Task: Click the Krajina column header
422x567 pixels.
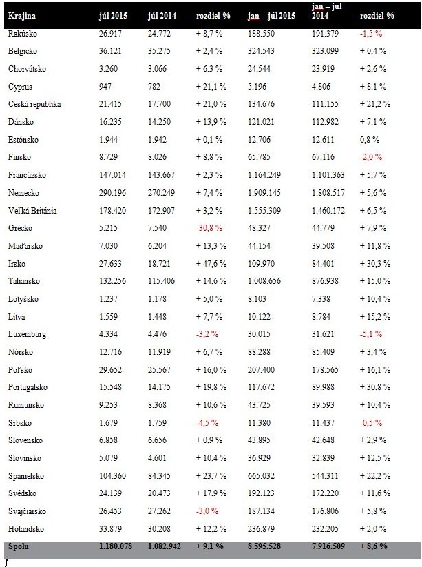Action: tap(21, 16)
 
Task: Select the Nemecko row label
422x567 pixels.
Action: tap(23, 193)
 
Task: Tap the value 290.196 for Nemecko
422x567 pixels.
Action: tap(112, 193)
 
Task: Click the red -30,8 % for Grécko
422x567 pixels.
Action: tap(209, 228)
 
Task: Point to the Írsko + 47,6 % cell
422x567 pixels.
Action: tap(211, 264)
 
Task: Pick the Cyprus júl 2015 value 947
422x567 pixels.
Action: tap(105, 87)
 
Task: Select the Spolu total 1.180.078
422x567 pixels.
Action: tap(116, 546)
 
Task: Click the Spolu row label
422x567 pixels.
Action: tap(18, 546)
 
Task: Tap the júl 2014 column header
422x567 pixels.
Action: tap(162, 16)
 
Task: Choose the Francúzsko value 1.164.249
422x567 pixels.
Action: tap(264, 175)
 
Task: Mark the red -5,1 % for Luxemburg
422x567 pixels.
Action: tap(370, 334)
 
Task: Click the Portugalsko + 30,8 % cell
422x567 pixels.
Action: tap(374, 387)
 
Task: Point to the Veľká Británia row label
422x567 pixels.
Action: tap(32, 210)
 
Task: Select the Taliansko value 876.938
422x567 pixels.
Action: tap(325, 281)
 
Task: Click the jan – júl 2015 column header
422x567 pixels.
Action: tap(271, 16)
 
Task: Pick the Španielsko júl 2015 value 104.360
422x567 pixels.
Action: tap(112, 476)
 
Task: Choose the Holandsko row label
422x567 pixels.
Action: tap(26, 529)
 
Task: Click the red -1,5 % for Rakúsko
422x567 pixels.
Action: tap(370, 34)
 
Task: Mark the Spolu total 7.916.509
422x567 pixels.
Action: tap(328, 546)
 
